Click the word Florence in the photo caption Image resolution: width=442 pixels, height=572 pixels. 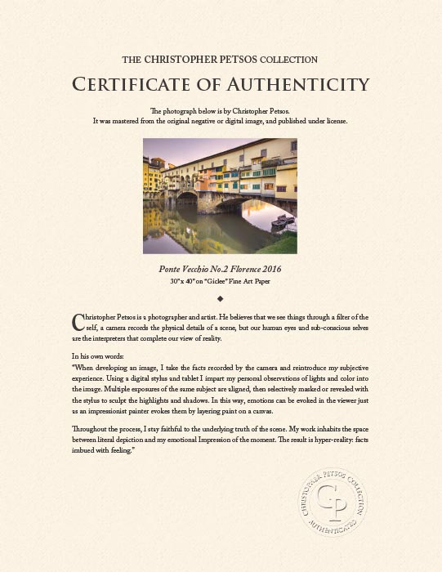pos(238,268)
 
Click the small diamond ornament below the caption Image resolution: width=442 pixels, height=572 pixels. pos(221,298)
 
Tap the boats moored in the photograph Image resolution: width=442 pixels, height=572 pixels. pos(282,221)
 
